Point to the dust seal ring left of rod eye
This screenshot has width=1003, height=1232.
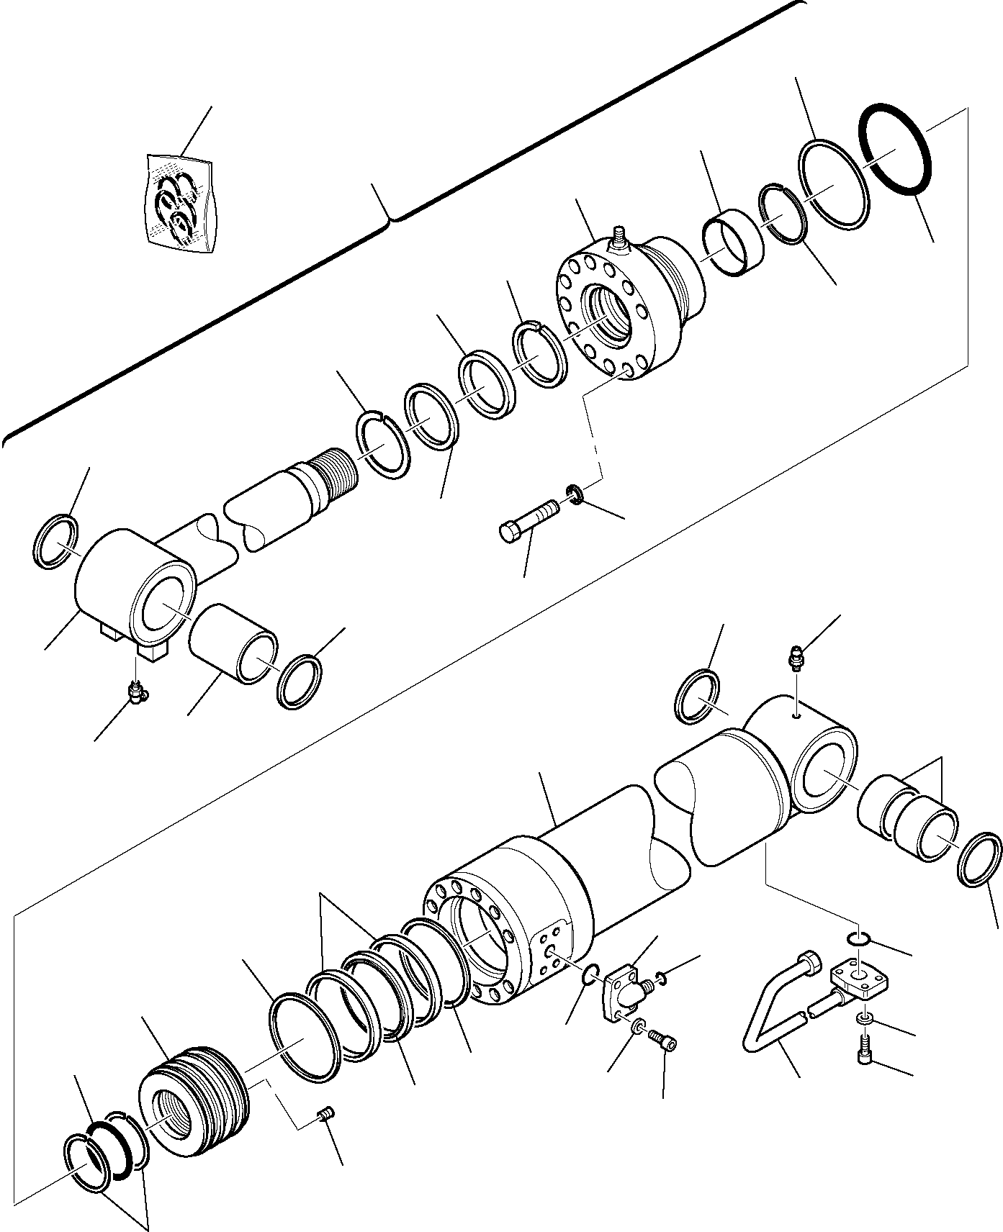point(55,541)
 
